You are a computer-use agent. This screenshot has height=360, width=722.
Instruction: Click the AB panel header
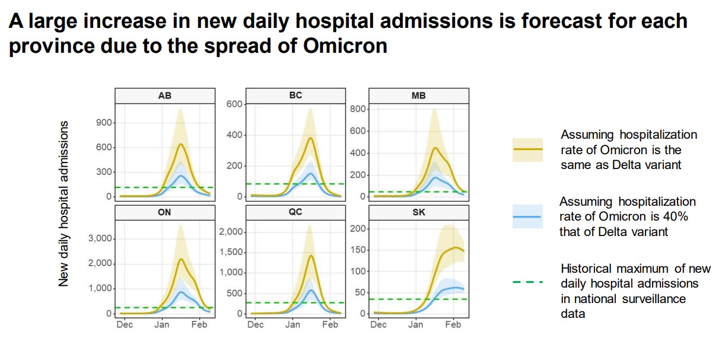click(x=165, y=95)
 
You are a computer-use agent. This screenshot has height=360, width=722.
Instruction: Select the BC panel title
click(x=295, y=95)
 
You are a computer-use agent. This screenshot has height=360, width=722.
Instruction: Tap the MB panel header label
click(x=418, y=95)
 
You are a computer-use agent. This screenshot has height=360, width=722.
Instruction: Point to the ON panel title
click(x=165, y=212)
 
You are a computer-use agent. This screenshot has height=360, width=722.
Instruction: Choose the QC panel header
click(x=295, y=212)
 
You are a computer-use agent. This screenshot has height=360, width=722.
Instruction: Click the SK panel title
click(x=418, y=212)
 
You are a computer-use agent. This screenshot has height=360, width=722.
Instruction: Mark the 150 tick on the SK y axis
click(x=358, y=250)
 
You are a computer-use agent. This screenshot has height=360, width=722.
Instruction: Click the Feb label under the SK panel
click(x=453, y=324)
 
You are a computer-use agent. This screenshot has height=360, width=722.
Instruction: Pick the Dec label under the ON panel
click(x=125, y=324)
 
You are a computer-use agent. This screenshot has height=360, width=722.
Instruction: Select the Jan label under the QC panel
click(x=292, y=324)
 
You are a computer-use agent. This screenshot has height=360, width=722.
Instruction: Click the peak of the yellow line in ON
click(x=181, y=259)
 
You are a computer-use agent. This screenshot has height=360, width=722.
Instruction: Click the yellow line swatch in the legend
click(x=527, y=149)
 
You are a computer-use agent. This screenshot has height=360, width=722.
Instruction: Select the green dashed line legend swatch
click(x=527, y=282)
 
